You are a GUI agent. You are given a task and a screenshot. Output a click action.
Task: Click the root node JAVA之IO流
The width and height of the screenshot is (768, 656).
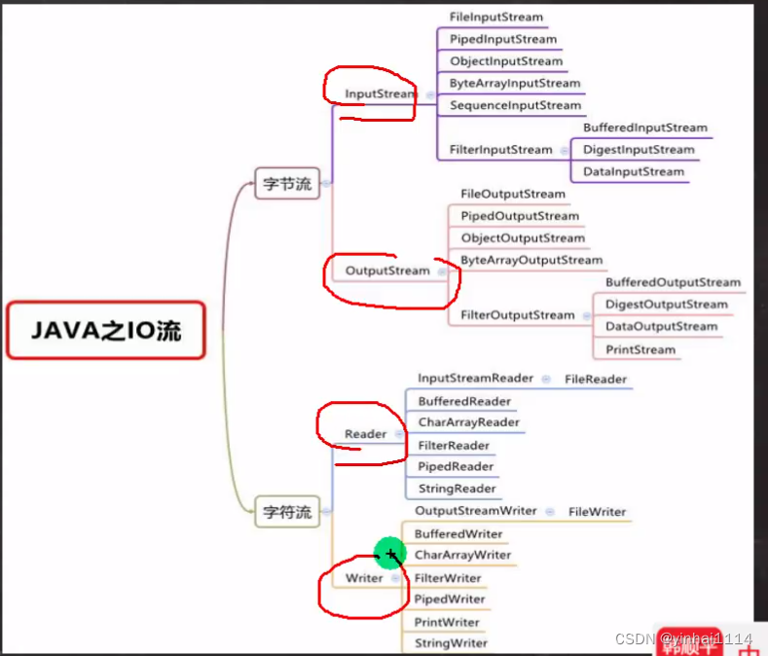coord(105,330)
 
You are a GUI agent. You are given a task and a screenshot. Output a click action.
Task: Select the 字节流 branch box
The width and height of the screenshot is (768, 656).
coord(287,183)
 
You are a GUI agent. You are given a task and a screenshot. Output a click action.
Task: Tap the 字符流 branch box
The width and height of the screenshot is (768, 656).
coord(287,511)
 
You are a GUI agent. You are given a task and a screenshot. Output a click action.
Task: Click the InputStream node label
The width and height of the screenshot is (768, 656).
coord(380,94)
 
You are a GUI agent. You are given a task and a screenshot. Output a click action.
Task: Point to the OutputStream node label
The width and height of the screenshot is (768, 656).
coord(387,271)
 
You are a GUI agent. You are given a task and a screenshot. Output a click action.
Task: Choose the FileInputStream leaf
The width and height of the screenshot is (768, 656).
coord(496,18)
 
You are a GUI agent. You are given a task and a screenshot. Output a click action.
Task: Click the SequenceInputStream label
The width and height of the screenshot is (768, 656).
coord(516,105)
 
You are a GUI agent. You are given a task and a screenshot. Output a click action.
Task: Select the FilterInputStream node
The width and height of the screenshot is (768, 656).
coord(501,150)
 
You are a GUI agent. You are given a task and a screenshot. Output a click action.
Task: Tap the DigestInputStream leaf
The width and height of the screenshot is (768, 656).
coord(639,150)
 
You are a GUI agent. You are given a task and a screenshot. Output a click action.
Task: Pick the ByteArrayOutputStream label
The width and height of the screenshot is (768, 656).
coord(531,260)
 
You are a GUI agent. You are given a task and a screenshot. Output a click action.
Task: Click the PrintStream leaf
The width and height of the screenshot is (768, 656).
coord(640,349)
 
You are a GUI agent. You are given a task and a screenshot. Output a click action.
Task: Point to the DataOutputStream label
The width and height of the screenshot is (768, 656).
coord(661,327)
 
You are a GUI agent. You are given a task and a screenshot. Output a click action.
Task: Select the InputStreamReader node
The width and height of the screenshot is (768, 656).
coord(476,379)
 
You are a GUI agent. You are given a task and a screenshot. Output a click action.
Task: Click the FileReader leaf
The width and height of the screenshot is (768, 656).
coord(596,379)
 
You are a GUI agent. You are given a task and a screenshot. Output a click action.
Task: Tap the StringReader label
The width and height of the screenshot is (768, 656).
coord(457,489)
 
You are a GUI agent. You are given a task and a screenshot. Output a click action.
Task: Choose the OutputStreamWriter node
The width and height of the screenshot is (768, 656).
coord(476,511)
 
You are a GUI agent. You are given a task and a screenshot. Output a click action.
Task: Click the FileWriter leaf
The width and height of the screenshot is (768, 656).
coord(598,512)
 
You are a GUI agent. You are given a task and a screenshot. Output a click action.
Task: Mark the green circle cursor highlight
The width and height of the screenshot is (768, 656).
coord(389,555)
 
